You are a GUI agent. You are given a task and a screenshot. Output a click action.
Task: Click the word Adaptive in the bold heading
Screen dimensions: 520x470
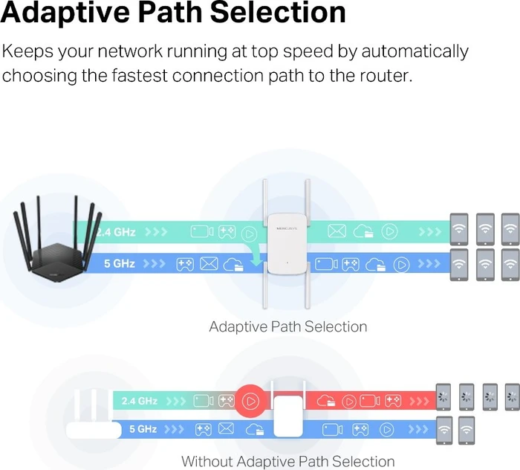65,13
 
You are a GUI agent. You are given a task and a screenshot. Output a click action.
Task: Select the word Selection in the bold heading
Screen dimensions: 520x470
278,13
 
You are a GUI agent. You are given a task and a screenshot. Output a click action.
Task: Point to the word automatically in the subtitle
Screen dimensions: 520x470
415,52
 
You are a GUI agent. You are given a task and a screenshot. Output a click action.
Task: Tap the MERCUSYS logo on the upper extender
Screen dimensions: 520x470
287,228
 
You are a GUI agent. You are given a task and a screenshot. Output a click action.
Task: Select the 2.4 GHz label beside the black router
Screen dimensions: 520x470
116,232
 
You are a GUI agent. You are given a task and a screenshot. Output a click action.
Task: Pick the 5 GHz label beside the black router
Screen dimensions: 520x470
120,263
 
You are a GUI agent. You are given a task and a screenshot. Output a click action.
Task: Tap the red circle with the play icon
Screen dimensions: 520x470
251,402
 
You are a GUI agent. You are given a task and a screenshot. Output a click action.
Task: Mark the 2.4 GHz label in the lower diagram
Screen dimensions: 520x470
140,401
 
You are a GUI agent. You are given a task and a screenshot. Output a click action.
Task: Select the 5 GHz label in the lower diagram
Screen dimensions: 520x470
143,429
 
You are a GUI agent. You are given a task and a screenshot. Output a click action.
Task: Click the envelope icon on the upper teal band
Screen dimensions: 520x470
337,231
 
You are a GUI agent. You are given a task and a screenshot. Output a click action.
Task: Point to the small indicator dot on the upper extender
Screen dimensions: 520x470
287,263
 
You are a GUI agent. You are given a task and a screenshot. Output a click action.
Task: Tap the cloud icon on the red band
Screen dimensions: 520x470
326,402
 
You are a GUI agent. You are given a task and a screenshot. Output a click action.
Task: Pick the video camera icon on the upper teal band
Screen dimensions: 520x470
202,232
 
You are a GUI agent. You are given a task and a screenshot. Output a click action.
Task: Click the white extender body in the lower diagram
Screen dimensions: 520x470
288,416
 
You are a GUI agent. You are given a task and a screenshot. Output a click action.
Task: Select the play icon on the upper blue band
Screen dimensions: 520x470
401,265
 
